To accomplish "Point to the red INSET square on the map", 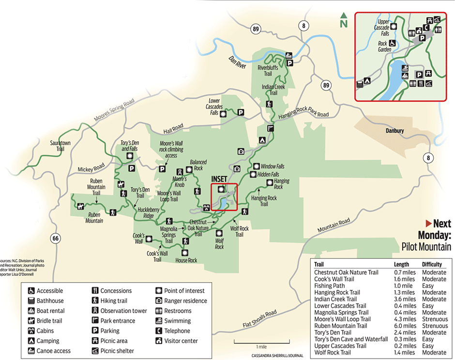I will point(224,197).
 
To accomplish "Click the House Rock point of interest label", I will point(186,260).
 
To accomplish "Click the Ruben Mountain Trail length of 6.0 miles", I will point(405,326).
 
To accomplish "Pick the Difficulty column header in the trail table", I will point(432,265).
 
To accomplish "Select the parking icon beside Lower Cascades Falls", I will point(241,112).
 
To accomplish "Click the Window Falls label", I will point(273,166).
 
